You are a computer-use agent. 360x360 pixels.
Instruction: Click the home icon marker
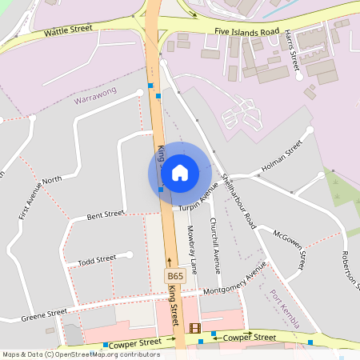coord(180,172)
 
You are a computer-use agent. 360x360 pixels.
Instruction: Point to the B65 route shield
coord(175,276)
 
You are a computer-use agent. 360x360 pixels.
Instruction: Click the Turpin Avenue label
coord(199,200)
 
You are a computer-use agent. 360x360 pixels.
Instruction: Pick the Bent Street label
coord(106,214)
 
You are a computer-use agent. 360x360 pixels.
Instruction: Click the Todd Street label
coord(96,262)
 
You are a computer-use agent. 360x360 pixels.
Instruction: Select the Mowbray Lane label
coord(192,246)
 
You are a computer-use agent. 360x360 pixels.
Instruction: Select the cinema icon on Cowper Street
coord(194,328)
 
